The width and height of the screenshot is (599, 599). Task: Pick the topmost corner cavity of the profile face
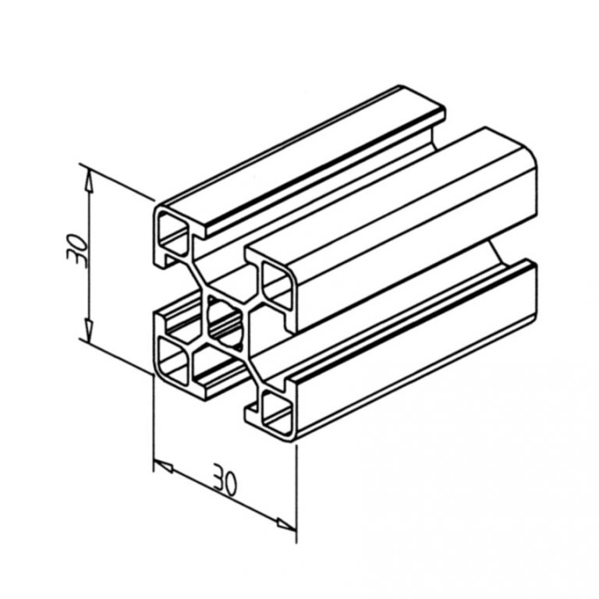point(174,231)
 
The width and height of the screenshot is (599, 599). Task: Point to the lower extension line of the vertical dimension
point(117,357)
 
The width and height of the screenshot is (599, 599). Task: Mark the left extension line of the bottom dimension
point(153,421)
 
